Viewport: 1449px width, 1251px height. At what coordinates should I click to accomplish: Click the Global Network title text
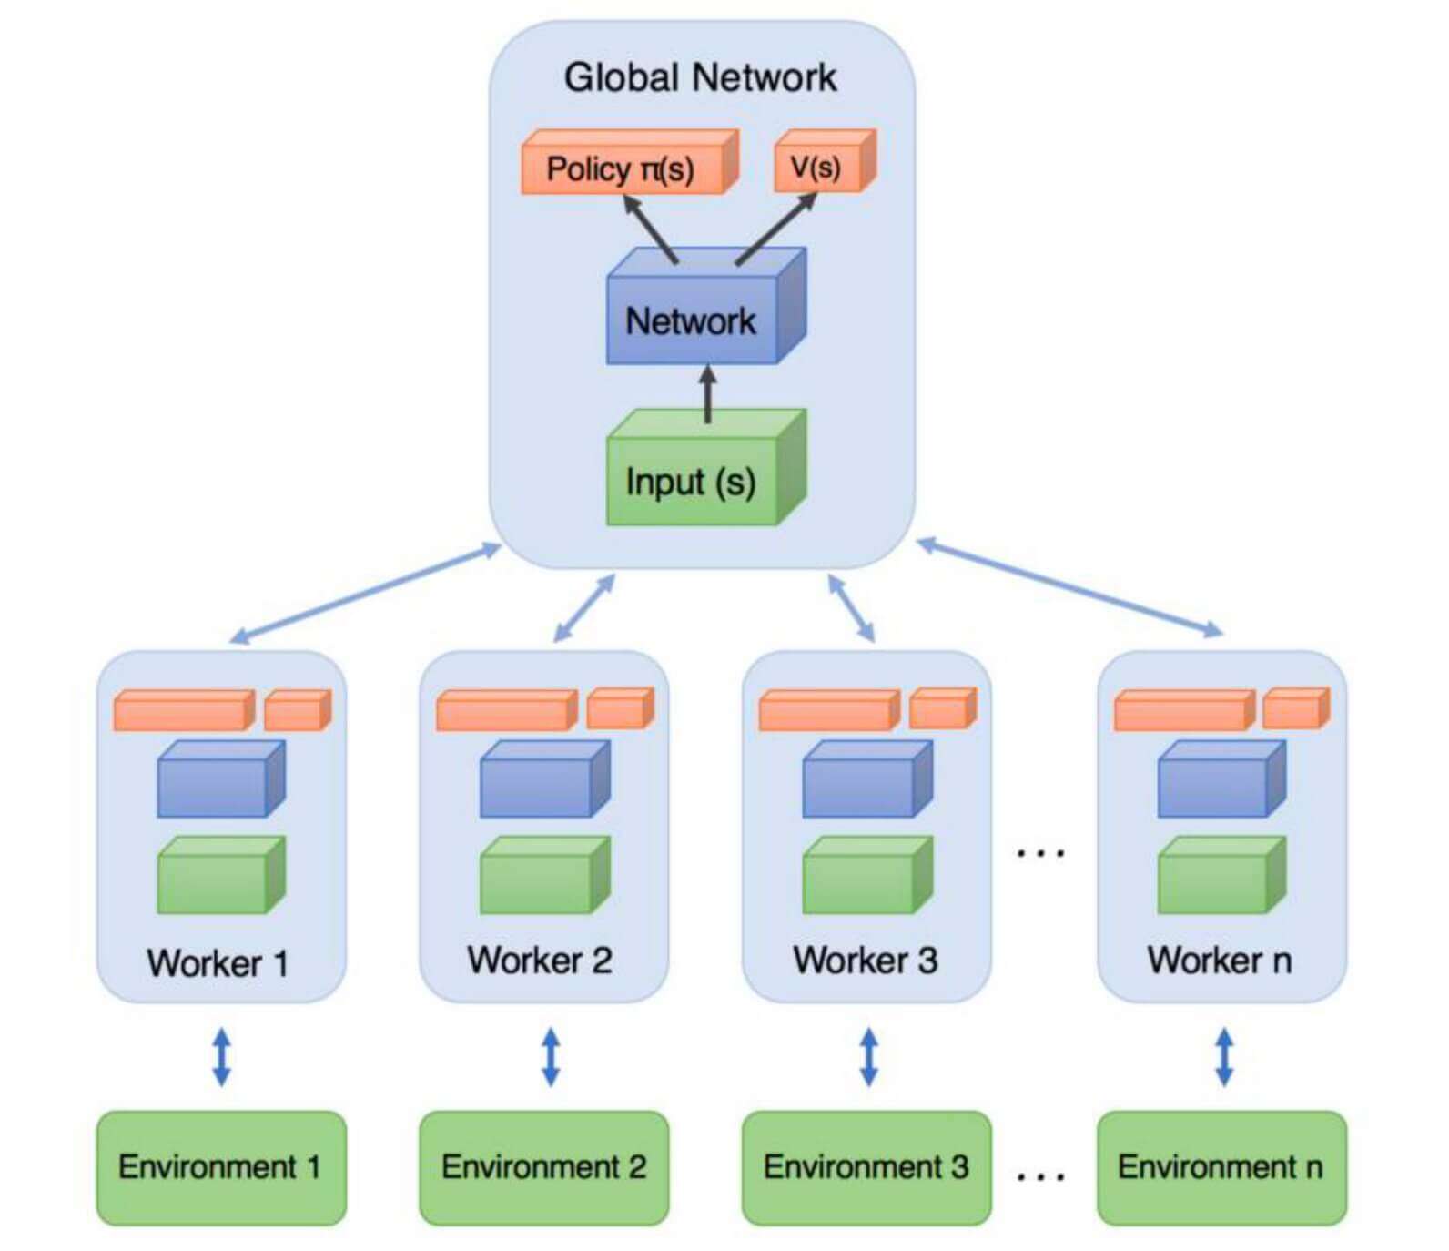pos(700,77)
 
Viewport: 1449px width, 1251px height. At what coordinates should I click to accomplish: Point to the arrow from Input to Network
pos(708,393)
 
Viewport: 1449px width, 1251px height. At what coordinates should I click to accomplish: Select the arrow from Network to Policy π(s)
pos(650,229)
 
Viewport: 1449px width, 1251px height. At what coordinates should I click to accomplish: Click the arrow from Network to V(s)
pos(776,229)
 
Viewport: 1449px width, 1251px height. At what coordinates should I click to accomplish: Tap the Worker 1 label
pos(218,962)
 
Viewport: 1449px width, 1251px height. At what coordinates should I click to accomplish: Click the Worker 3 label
pos(866,960)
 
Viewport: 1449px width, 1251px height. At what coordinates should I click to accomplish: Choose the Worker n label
pos(1220,960)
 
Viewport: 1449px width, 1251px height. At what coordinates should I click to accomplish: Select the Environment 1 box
pos(221,1167)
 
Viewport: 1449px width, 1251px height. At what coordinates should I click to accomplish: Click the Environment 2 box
pos(543,1167)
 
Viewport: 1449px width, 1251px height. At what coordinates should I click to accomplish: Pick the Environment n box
pos(1221,1167)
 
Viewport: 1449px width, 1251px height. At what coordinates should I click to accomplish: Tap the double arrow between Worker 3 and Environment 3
pos(869,1057)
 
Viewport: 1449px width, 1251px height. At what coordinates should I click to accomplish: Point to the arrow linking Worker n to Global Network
pos(1069,587)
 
